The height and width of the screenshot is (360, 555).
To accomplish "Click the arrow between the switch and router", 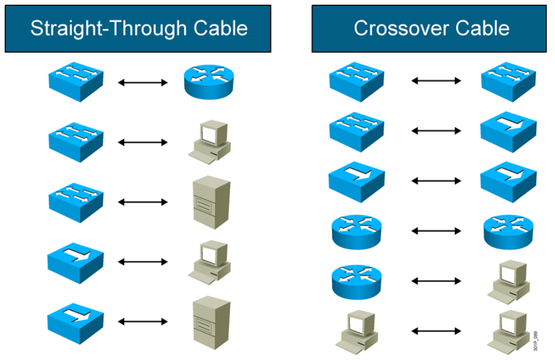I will click(x=143, y=82).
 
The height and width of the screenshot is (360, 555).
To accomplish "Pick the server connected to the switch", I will click(x=211, y=202).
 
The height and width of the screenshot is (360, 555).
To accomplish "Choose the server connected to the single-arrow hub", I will click(x=211, y=322).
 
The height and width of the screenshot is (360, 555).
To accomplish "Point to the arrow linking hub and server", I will click(x=143, y=322).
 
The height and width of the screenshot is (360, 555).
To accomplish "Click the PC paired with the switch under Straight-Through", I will click(x=210, y=142).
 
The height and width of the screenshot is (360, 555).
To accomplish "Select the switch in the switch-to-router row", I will click(x=76, y=83).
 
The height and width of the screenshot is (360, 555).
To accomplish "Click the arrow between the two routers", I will click(x=436, y=232).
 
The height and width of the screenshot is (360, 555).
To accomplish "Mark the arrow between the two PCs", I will click(x=436, y=331).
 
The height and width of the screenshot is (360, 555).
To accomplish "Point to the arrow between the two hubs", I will click(x=436, y=181).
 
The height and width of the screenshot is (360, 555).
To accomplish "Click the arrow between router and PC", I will click(x=436, y=281).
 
